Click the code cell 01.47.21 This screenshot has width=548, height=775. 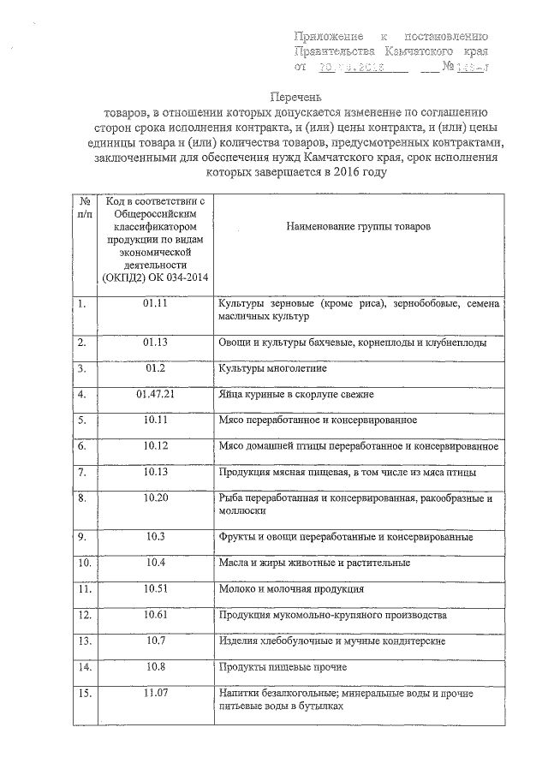155,395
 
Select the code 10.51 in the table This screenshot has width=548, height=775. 155,588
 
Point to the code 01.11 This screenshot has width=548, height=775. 155,304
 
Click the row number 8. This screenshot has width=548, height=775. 81,498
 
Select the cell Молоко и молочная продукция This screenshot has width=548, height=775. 291,589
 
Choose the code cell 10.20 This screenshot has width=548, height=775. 155,498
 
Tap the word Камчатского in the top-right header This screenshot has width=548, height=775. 422,51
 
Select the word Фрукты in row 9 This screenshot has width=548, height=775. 235,537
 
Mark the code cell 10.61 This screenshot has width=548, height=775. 155,615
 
